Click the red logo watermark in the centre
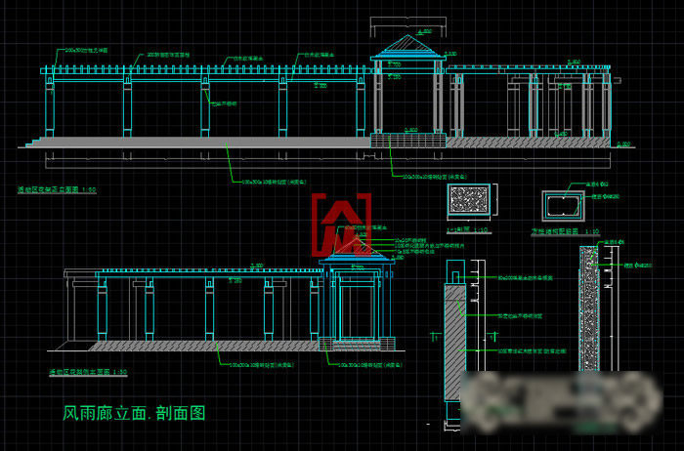[x=341, y=223]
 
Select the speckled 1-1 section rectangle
[x=471, y=203]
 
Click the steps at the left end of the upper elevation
[x=35, y=143]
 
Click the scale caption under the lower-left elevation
[x=89, y=372]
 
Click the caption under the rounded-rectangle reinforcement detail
[x=564, y=232]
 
